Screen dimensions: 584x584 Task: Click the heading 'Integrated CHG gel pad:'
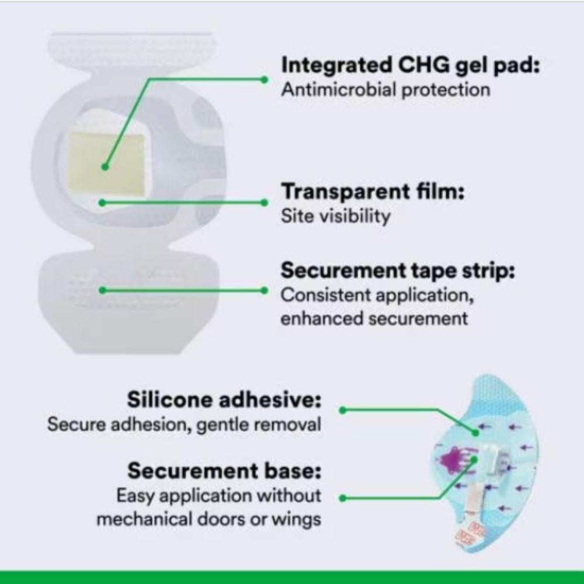(x=411, y=66)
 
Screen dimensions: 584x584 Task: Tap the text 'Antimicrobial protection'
(x=385, y=90)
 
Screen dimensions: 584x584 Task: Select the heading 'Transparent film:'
(x=373, y=192)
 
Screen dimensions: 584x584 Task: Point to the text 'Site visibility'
(x=336, y=216)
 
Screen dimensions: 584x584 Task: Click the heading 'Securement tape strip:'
(x=398, y=270)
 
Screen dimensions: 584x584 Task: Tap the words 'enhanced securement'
(x=374, y=319)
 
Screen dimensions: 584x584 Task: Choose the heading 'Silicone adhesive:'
(x=224, y=399)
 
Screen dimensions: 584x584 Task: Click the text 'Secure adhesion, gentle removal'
(x=185, y=425)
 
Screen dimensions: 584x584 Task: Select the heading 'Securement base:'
(x=224, y=471)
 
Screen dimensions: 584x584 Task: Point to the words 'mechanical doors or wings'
(x=209, y=519)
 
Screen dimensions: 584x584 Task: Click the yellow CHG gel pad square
(x=106, y=164)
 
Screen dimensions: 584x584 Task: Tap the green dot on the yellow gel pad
(x=105, y=167)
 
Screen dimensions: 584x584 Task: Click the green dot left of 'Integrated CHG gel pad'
(x=264, y=79)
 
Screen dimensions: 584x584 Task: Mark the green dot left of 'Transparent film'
(x=264, y=203)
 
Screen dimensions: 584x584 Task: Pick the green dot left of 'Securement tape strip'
(x=264, y=290)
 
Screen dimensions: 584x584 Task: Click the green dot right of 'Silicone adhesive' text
(x=343, y=411)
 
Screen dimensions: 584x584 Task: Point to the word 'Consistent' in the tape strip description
(x=326, y=295)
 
